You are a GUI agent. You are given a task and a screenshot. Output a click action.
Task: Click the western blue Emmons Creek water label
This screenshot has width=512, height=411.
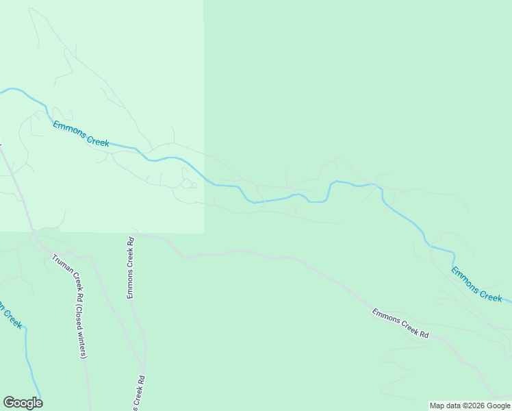81,133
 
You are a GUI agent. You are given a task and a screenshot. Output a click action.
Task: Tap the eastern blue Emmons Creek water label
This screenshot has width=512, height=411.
476,284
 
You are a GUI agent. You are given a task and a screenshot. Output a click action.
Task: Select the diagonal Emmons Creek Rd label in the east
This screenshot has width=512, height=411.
400,323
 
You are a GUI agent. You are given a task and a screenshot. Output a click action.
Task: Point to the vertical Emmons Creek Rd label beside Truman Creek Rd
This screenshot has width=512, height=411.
129,268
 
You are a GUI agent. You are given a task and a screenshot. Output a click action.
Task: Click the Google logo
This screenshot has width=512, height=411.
23,403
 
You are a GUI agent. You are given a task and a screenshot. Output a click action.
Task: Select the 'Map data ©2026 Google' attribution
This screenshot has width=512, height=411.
470,406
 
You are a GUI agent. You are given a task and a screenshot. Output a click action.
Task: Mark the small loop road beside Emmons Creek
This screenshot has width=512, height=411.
187,183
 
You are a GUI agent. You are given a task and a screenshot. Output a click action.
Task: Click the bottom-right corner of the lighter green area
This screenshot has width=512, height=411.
204,233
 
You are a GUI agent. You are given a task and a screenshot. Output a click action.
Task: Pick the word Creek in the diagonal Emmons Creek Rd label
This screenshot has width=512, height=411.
405,325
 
